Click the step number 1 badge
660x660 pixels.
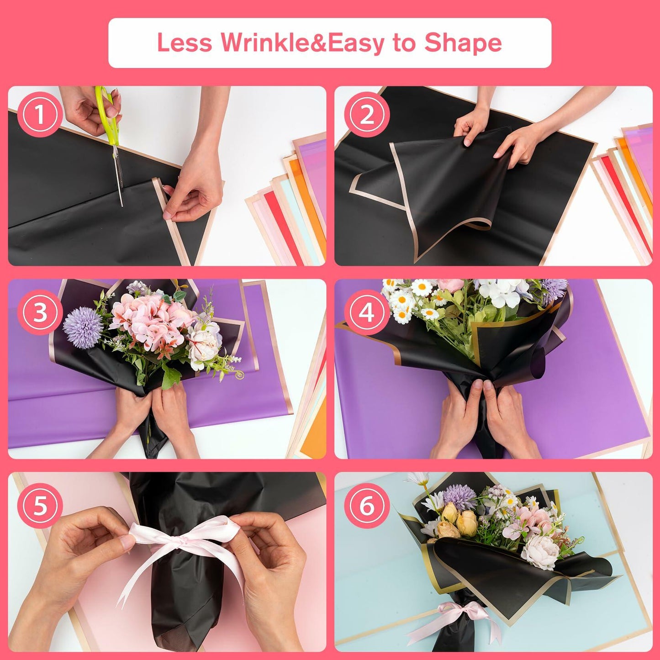click(x=40, y=116)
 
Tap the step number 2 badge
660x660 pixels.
click(x=366, y=116)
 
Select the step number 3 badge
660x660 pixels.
click(x=40, y=312)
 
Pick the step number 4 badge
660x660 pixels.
click(x=366, y=312)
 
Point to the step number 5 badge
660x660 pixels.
click(x=40, y=506)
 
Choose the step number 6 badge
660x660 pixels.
click(x=366, y=506)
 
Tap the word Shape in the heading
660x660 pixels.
click(x=463, y=43)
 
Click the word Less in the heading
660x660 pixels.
click(x=184, y=43)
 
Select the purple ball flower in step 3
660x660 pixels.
click(x=83, y=328)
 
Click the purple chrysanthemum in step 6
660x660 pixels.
click(x=459, y=496)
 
